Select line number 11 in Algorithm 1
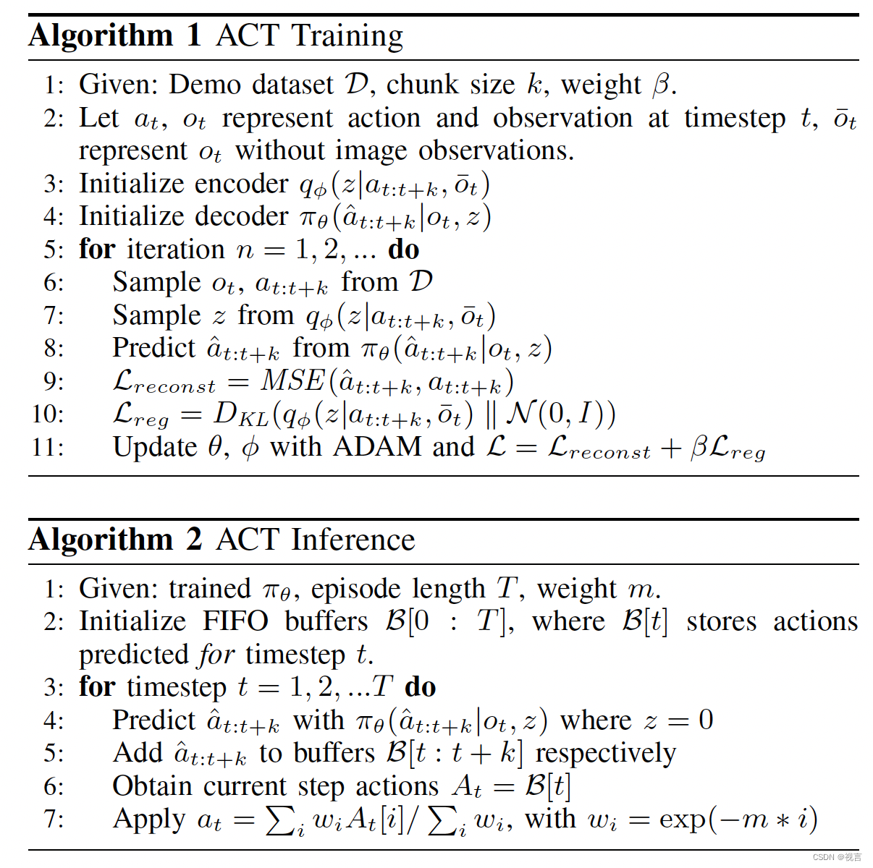pos(47,447)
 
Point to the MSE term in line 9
pos(292,380)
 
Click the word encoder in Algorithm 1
pos(245,184)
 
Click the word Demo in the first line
pos(205,85)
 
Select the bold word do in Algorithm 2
pos(420,687)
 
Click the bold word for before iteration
pos(97,250)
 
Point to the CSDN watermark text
pos(837,857)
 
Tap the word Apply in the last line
pos(149,820)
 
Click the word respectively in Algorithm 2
pos(605,754)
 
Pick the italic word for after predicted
pos(217,655)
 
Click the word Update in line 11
pos(155,447)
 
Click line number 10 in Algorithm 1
pos(47,414)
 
